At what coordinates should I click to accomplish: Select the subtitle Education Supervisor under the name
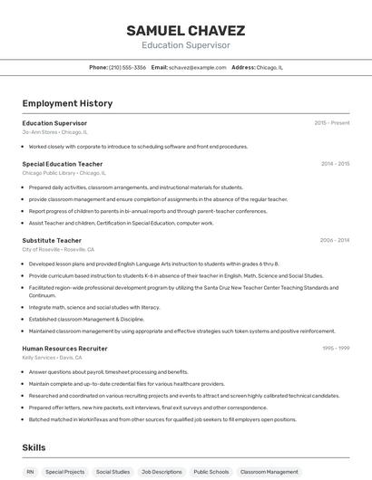pyautogui.click(x=185, y=44)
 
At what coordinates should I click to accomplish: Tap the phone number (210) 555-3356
pyautogui.click(x=127, y=67)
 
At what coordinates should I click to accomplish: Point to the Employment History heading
pyautogui.click(x=62, y=103)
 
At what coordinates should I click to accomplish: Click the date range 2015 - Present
pyautogui.click(x=332, y=122)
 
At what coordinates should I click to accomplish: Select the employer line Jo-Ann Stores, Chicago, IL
pyautogui.click(x=54, y=131)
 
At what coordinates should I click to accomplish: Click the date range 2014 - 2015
pyautogui.click(x=335, y=164)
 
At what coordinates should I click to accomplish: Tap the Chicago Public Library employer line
pyautogui.click(x=64, y=172)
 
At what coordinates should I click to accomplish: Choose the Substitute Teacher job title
pyautogui.click(x=52, y=240)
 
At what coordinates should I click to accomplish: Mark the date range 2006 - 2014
pyautogui.click(x=335, y=240)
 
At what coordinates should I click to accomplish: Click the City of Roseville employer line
pyautogui.click(x=58, y=249)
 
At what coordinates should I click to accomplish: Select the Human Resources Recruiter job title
pyautogui.click(x=64, y=348)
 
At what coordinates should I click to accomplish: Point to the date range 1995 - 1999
pyautogui.click(x=336, y=348)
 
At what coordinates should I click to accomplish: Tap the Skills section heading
pyautogui.click(x=34, y=447)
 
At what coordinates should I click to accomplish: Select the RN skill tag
pyautogui.click(x=30, y=472)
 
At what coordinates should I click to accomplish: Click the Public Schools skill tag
pyautogui.click(x=210, y=472)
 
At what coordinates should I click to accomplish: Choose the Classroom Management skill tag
pyautogui.click(x=269, y=472)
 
